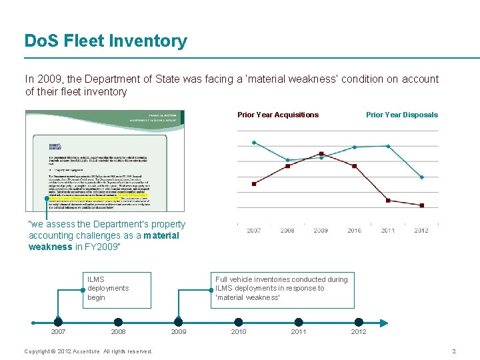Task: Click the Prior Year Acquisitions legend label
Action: (278, 115)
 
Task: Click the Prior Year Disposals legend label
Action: (402, 115)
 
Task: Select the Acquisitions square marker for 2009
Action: (321, 153)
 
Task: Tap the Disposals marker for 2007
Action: (254, 143)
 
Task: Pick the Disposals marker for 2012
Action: (421, 177)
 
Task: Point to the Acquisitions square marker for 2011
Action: (388, 200)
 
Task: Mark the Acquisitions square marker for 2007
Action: (254, 183)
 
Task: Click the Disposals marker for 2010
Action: (355, 147)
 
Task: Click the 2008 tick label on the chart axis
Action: (287, 231)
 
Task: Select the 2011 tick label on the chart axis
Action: (388, 231)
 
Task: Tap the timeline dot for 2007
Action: (59, 322)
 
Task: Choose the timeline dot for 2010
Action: (239, 322)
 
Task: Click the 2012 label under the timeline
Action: (359, 332)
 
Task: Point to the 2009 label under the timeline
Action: (179, 332)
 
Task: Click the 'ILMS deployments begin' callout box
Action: (117, 289)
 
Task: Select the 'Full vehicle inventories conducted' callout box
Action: (282, 289)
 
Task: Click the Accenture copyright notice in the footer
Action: (88, 351)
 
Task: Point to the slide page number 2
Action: (454, 351)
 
